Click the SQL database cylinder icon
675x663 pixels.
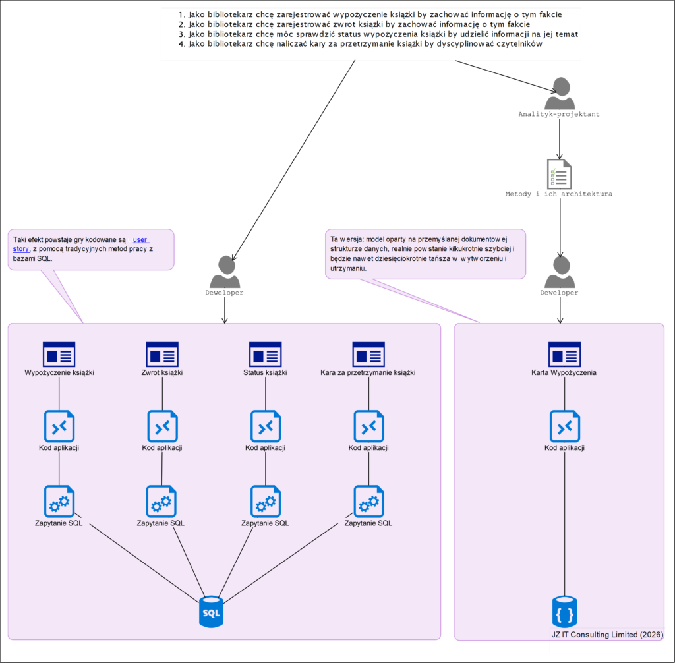pyautogui.click(x=211, y=611)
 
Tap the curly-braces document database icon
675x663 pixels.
pyautogui.click(x=564, y=611)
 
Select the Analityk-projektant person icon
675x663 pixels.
pyautogui.click(x=560, y=94)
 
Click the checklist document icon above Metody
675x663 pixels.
pyautogui.click(x=560, y=174)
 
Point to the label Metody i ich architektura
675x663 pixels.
pyautogui.click(x=559, y=194)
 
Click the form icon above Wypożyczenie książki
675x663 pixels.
pyautogui.click(x=59, y=354)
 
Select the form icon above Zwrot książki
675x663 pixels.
pyautogui.click(x=162, y=354)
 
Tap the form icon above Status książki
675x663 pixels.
pyautogui.click(x=266, y=354)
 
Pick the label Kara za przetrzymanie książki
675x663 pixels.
pyautogui.click(x=368, y=373)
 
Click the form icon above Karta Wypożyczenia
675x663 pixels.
pyautogui.click(x=565, y=354)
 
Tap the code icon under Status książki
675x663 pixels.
pyautogui.click(x=266, y=426)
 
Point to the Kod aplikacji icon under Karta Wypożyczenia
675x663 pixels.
pyautogui.click(x=565, y=426)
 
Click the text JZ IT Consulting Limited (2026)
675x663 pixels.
pyautogui.click(x=608, y=634)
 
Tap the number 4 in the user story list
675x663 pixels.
pyautogui.click(x=181, y=44)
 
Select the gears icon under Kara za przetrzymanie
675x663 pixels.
pyautogui.click(x=368, y=502)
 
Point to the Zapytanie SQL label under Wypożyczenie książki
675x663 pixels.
pyautogui.click(x=59, y=523)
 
